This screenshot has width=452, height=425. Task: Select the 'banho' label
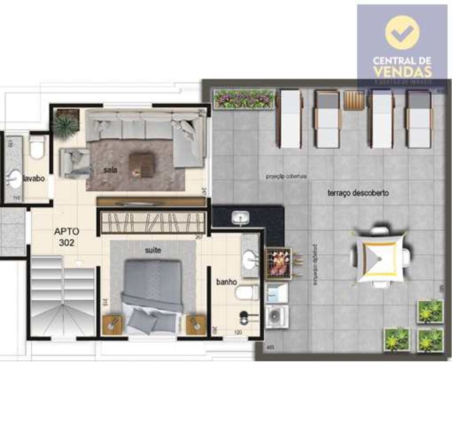[226, 282]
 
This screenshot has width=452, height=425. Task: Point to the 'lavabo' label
[34, 178]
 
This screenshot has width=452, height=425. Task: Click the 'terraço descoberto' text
[358, 193]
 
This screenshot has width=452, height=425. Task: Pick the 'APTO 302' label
[66, 237]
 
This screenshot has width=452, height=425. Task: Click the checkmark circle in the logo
[402, 33]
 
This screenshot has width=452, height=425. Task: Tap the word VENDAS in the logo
[402, 71]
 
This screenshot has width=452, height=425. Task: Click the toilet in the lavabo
[37, 147]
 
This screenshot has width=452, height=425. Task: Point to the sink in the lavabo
[15, 179]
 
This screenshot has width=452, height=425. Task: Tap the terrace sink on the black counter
[240, 218]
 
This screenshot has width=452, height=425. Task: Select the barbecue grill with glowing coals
[278, 264]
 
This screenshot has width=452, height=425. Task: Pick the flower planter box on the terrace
[244, 98]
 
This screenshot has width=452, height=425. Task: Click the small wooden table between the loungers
[354, 100]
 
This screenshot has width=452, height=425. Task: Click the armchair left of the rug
[74, 163]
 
